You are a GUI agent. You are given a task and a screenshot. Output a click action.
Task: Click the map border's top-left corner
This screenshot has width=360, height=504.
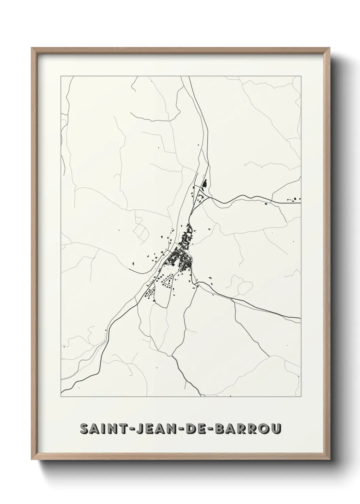(61, 76)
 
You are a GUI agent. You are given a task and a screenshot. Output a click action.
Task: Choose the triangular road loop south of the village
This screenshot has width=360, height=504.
(168, 280)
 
